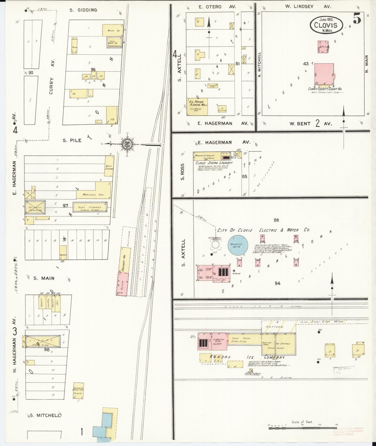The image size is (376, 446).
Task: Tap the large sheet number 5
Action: [x=357, y=20]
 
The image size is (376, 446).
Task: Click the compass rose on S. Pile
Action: [x=128, y=144]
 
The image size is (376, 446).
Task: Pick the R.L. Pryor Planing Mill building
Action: [x=197, y=106]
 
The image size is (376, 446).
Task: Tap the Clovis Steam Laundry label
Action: [x=214, y=163]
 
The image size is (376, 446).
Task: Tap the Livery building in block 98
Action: [x=43, y=341]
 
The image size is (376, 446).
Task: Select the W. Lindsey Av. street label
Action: [x=309, y=7]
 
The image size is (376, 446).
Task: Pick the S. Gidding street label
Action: [x=83, y=10]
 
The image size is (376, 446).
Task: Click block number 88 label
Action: [x=276, y=220]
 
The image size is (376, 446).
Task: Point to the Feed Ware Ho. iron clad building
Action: [x=114, y=42]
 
